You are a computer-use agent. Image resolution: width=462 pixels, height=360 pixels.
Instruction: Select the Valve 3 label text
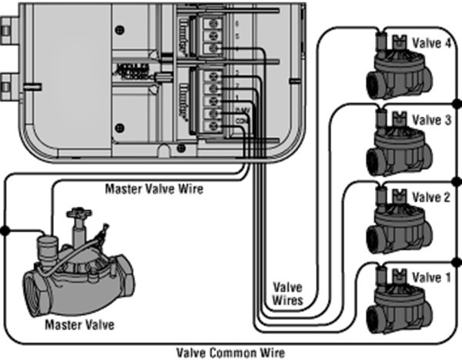(427, 120)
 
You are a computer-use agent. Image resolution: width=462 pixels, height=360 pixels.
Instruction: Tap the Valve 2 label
(427, 198)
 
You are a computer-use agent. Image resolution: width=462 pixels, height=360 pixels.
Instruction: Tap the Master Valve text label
(80, 325)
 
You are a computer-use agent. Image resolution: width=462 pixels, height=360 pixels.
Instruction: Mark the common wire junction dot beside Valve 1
(456, 258)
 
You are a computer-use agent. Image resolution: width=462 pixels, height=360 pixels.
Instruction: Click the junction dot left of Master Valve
(5, 230)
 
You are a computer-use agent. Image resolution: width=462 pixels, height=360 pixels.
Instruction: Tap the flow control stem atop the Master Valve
(77, 220)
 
